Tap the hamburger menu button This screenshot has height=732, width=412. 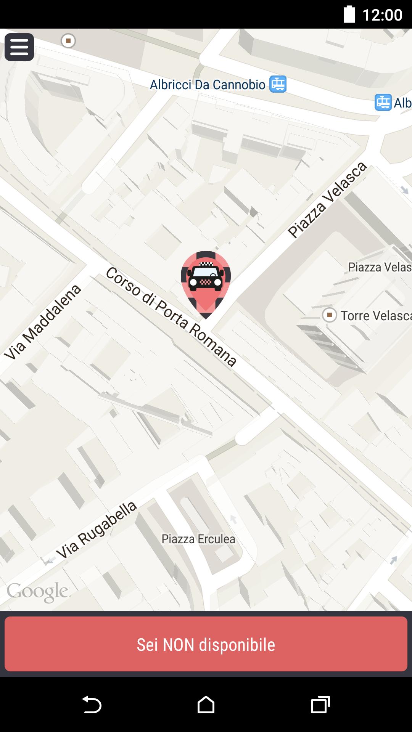[19, 47]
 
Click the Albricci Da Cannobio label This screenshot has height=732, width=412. [208, 85]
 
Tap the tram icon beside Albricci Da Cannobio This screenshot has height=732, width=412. [278, 84]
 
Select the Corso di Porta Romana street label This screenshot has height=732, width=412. [171, 316]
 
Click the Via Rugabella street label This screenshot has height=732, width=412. [96, 530]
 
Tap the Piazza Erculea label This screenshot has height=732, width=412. [198, 539]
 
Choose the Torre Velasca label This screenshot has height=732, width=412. [376, 316]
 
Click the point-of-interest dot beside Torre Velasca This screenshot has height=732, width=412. [329, 315]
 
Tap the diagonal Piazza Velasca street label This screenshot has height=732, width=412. [327, 200]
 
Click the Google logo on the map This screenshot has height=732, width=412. [37, 591]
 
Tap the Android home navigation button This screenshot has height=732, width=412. [206, 705]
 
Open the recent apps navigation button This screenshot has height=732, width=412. [320, 705]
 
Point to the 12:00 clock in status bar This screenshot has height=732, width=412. [382, 15]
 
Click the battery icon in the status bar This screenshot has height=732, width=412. [349, 14]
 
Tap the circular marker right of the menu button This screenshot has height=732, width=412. [68, 40]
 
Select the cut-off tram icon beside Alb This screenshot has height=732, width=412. [383, 102]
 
